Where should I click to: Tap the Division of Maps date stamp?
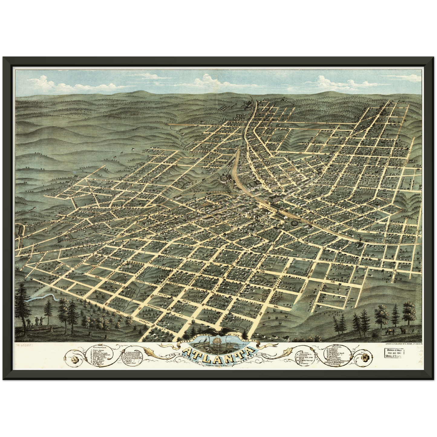395,353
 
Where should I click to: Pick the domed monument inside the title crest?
217,343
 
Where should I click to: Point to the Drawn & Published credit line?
399,344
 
